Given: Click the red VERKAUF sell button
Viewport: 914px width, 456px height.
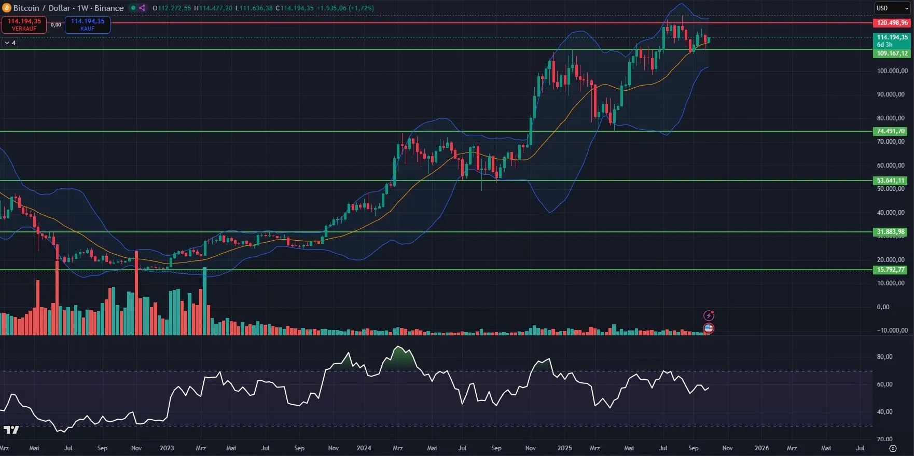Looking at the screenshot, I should tap(24, 24).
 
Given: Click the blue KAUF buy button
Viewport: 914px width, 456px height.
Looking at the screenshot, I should tap(87, 24).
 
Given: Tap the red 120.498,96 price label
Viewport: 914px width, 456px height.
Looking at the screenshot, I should tap(892, 23).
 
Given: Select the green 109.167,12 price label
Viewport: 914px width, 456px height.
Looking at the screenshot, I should tap(892, 53).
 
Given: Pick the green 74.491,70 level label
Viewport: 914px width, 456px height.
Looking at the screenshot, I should tap(891, 131).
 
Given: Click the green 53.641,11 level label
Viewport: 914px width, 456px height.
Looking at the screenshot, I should tap(891, 181).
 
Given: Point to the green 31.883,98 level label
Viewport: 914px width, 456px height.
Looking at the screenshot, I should tap(891, 232).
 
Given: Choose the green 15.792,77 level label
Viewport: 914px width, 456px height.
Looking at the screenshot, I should tap(891, 270).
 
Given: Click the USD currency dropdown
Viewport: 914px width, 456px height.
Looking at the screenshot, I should tap(892, 8).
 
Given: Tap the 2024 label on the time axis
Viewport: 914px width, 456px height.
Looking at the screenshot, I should tap(364, 448).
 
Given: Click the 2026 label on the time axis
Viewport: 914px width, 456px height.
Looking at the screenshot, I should tap(761, 448).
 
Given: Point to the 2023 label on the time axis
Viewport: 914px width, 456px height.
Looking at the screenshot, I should tap(167, 448).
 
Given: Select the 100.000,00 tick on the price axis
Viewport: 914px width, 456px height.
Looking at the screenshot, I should tap(892, 71).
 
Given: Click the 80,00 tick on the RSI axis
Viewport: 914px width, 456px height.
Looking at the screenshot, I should tap(884, 357).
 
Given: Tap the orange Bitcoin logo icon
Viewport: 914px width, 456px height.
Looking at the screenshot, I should tap(7, 8).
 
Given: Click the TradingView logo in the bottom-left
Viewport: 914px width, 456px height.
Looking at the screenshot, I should tap(11, 430).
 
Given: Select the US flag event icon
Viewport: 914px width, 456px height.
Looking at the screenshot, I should tap(709, 328).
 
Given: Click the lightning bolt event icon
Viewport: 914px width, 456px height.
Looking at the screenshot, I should tap(709, 315).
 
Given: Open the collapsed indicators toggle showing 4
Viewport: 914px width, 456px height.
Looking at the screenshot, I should tap(10, 43).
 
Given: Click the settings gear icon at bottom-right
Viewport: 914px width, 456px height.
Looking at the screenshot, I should tap(893, 448).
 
